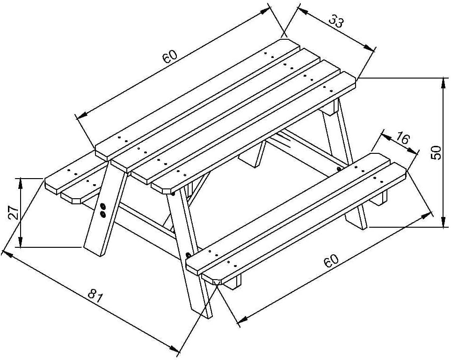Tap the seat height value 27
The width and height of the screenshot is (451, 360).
coord(14,212)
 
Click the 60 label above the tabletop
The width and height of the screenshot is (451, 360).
coord(169,57)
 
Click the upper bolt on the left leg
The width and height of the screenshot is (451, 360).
coord(103,206)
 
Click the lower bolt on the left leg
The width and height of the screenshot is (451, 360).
coord(102,214)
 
